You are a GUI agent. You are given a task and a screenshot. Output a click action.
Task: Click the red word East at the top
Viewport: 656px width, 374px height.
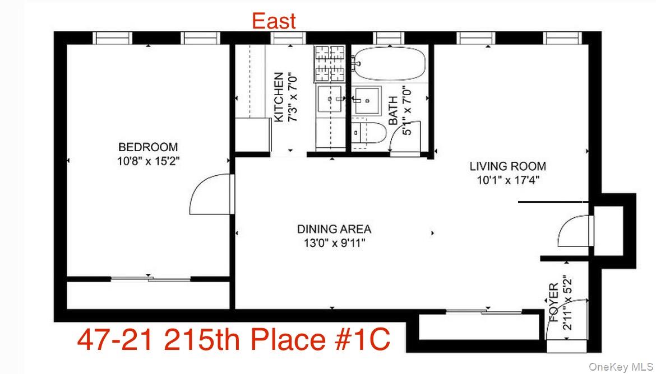273,21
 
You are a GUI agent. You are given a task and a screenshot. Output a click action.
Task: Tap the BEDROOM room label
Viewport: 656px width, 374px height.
148,147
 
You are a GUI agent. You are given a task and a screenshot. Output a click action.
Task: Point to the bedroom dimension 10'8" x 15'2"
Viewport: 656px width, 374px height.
148,161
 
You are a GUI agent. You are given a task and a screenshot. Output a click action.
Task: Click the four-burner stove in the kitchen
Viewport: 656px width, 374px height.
330,63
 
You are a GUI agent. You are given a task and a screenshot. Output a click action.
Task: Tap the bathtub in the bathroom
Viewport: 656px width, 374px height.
390,63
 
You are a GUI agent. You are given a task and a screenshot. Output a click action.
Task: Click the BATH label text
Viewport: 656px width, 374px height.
394,111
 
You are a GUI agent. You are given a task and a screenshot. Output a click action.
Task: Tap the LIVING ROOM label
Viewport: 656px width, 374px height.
507,166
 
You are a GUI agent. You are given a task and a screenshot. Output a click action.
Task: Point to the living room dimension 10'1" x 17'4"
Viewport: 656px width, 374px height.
507,180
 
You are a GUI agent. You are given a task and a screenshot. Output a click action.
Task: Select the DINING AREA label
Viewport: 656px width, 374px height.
334,229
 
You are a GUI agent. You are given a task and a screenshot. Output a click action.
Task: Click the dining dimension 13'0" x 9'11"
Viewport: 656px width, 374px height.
334,243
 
